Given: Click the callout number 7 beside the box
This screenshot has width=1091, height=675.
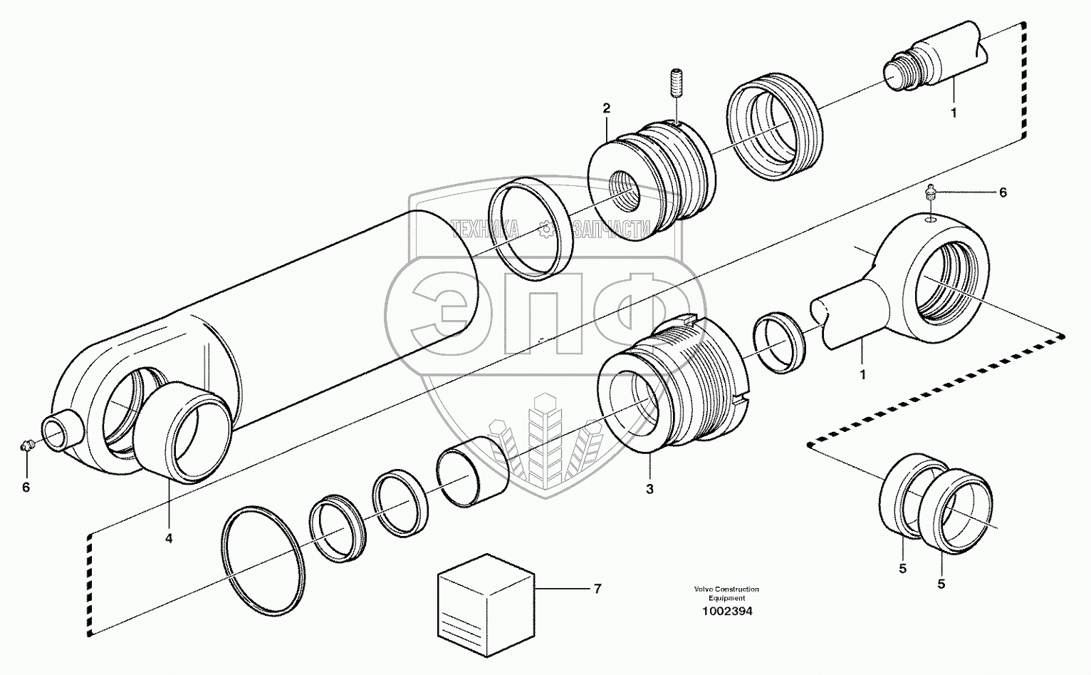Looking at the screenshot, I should click(597, 589).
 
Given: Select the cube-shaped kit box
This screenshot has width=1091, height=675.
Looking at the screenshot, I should click(485, 602).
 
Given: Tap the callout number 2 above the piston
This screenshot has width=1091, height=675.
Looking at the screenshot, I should click(606, 108).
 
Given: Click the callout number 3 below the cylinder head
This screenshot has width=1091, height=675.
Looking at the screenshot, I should click(649, 489).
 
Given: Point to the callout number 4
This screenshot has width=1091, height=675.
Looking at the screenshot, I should click(169, 539).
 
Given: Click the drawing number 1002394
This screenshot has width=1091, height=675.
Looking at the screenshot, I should click(725, 612).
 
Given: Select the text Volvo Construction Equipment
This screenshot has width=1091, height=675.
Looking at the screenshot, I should click(725, 594).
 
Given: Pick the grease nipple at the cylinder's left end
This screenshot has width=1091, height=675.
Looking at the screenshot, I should click(27, 446).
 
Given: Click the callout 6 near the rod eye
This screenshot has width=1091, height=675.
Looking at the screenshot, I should click(1003, 192).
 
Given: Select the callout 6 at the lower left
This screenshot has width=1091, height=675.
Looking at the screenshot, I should click(26, 487).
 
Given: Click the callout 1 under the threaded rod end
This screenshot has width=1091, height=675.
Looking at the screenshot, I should click(954, 112).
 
